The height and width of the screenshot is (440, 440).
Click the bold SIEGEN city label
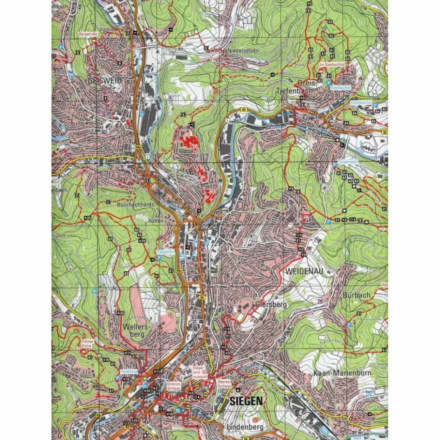(246, 401)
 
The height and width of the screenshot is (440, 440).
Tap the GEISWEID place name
(104, 81)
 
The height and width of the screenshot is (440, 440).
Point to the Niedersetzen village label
(243, 50)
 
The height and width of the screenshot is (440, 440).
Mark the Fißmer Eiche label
(88, 344)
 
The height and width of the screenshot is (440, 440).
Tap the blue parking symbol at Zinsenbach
(335, 164)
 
